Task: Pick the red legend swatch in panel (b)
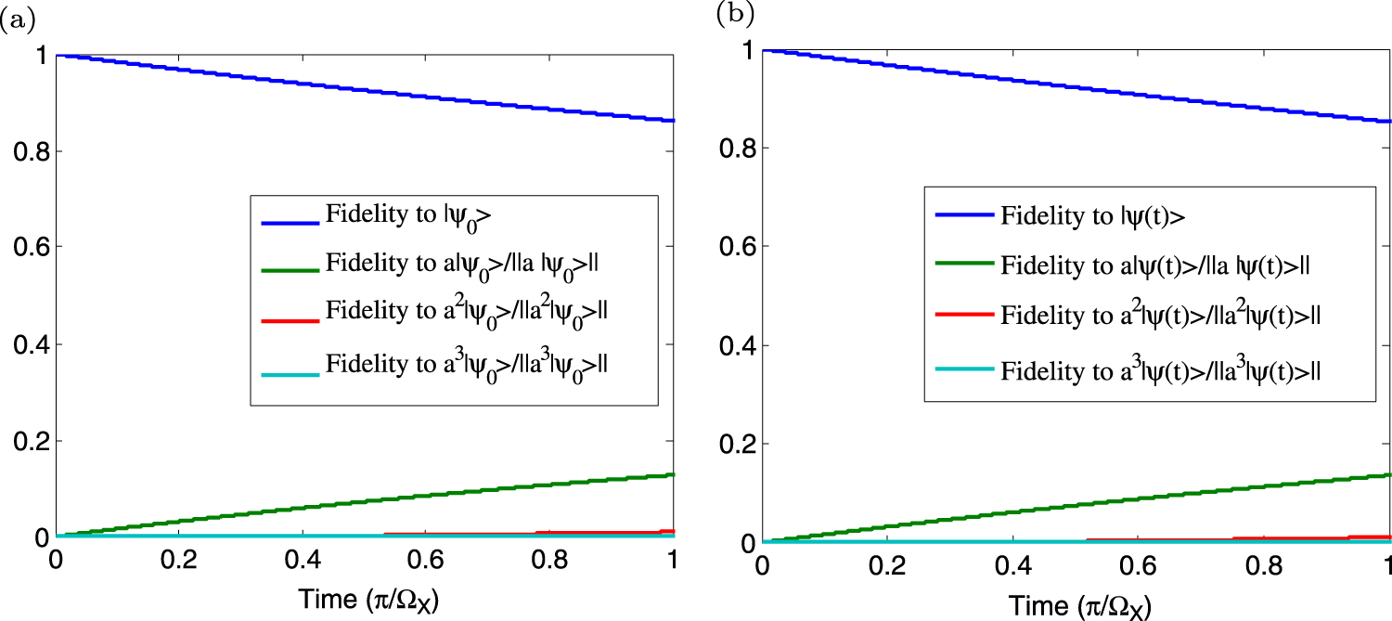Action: [963, 316]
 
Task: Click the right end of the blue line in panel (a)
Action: [673, 121]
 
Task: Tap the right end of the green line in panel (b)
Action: [1389, 475]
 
